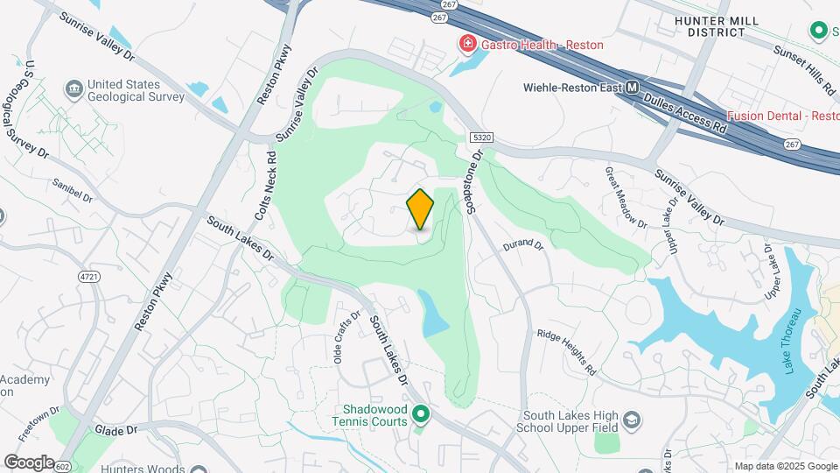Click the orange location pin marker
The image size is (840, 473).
tap(420, 209)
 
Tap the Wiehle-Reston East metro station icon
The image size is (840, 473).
tap(632, 88)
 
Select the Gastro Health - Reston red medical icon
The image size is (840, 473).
tap(467, 44)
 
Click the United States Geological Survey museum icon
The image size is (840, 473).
tap(73, 89)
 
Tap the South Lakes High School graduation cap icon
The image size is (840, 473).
tap(631, 421)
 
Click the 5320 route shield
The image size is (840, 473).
tap(479, 138)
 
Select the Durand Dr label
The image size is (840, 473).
tap(523, 246)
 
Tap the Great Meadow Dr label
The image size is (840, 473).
tap(626, 197)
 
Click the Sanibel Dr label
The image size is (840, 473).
tap(72, 191)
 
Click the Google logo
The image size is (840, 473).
tap(30, 462)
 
